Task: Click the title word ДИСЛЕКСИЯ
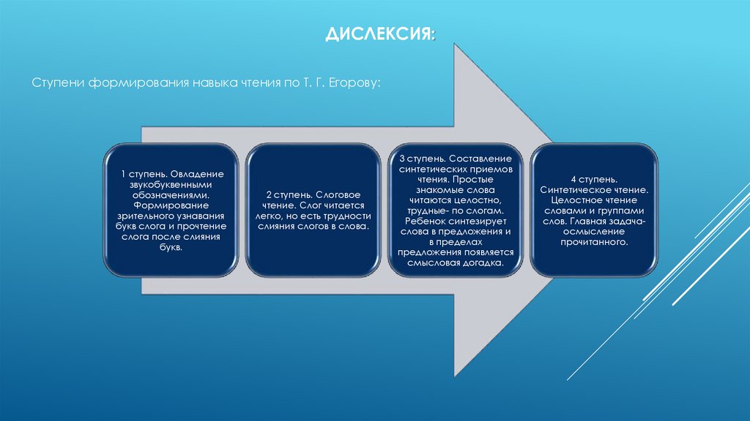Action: (379, 35)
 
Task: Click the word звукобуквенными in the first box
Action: (172, 186)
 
